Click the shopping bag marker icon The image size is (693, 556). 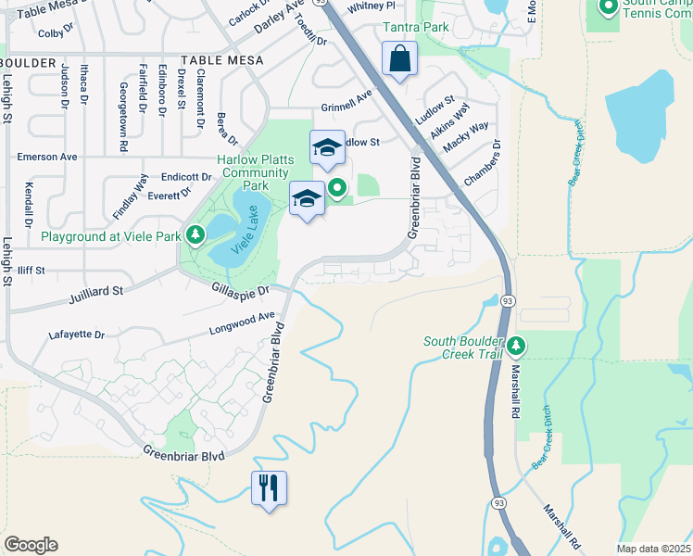click(x=399, y=60)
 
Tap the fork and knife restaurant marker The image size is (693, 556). click(x=269, y=486)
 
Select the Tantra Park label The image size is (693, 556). click(x=418, y=27)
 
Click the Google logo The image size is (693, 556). click(x=31, y=544)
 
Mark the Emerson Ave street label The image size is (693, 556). click(x=46, y=157)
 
